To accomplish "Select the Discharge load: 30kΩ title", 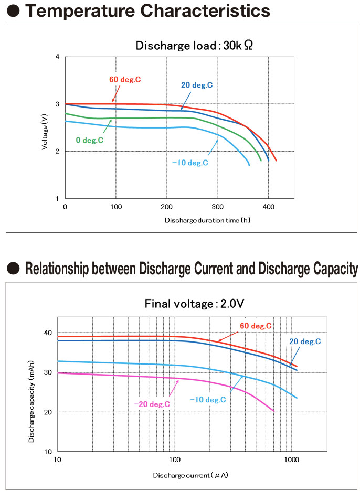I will (x=194, y=45).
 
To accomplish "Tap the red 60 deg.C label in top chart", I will (x=125, y=80).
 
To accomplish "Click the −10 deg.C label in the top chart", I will (x=190, y=163).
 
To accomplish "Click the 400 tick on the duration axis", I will (x=269, y=208).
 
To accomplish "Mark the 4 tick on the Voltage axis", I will (x=57, y=56).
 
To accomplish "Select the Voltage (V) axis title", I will (x=45, y=127).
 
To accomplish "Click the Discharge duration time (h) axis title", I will (x=207, y=220).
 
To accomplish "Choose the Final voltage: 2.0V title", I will (x=194, y=304).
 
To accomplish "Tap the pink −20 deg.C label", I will (x=152, y=404).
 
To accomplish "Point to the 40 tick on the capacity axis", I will (x=48, y=333).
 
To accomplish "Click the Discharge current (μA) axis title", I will (x=190, y=475).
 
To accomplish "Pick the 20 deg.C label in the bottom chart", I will (x=305, y=341).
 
